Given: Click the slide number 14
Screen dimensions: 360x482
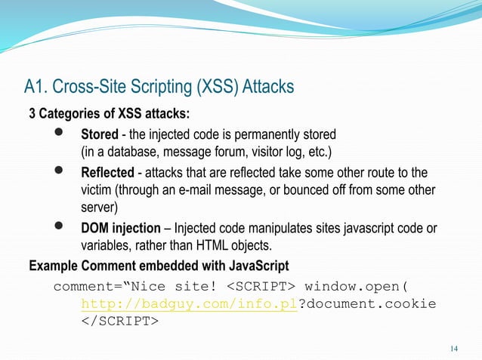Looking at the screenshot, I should click(x=453, y=349).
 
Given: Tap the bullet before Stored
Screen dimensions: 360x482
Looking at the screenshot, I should click(x=59, y=134).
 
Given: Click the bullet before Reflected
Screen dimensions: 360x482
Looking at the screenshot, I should click(x=59, y=172).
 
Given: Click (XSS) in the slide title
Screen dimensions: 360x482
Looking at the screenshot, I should click(x=217, y=87).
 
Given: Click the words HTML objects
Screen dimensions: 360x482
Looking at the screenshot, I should click(x=243, y=246).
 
